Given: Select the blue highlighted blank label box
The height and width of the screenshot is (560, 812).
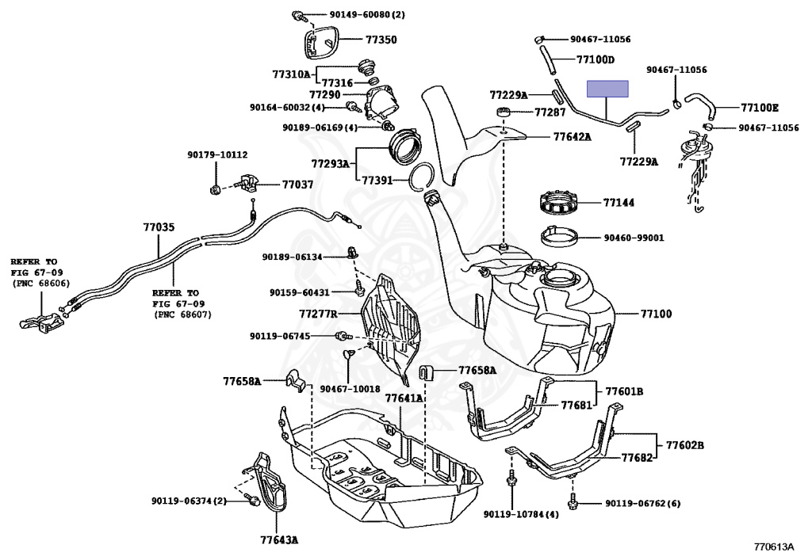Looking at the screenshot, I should click(x=607, y=89).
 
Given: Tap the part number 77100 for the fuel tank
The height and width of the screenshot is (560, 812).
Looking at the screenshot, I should click(x=656, y=314).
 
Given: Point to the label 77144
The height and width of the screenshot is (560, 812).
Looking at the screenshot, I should click(x=619, y=203).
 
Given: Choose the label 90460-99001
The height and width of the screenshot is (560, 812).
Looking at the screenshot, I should click(x=634, y=237).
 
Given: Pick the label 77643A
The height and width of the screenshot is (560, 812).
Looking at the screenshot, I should click(x=278, y=540).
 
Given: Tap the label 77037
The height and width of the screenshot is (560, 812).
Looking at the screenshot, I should click(x=297, y=185).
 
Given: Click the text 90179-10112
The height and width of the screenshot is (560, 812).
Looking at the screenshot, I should click(x=217, y=154).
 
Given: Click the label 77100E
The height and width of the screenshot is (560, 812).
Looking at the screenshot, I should click(x=760, y=107).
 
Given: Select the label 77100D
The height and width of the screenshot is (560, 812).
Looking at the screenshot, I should click(x=596, y=59).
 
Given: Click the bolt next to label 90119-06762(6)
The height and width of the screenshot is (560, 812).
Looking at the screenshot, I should click(x=573, y=502).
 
